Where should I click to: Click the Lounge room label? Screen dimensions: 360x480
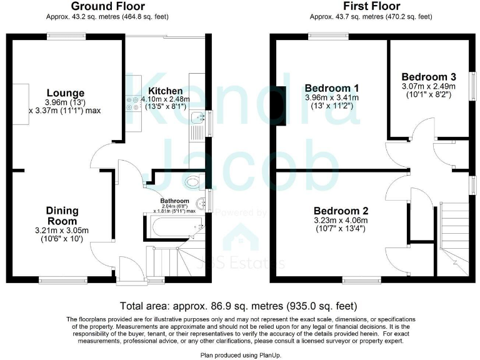(65, 94)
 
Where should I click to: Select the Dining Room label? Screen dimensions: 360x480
(62, 216)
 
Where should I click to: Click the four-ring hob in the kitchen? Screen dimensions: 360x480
(132, 104)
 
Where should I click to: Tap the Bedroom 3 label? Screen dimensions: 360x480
(428, 77)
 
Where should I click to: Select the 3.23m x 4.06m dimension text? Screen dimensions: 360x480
(340, 220)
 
